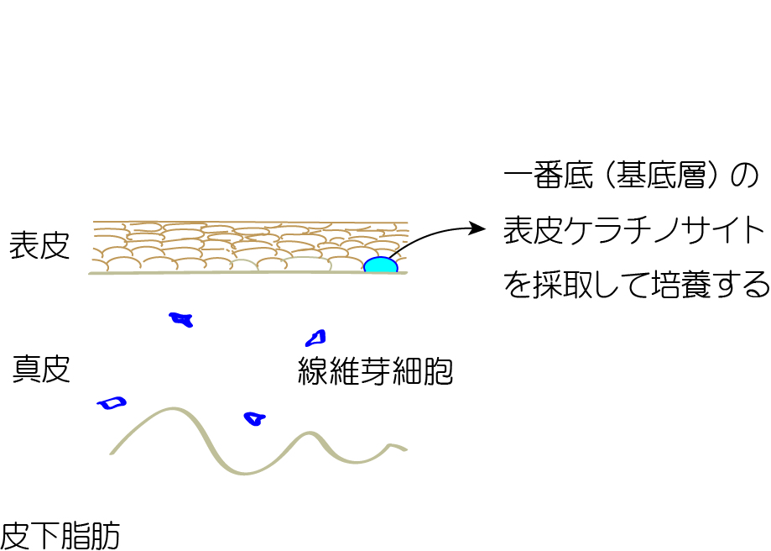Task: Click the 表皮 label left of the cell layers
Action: click(39, 245)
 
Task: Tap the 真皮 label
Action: click(41, 369)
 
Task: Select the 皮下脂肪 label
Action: click(60, 536)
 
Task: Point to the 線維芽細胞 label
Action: click(375, 370)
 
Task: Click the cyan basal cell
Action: click(381, 265)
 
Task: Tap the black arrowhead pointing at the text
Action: click(477, 228)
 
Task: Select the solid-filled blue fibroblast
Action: click(181, 319)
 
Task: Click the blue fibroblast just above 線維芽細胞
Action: click(315, 338)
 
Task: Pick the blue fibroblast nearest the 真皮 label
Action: click(112, 403)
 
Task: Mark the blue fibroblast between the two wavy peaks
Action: click(255, 418)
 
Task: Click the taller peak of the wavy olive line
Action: click(173, 409)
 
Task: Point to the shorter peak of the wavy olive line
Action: click(310, 433)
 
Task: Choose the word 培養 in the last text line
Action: click(681, 285)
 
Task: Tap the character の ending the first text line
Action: click(745, 176)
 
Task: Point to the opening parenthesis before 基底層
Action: click(607, 176)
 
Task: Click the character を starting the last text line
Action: click(518, 286)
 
